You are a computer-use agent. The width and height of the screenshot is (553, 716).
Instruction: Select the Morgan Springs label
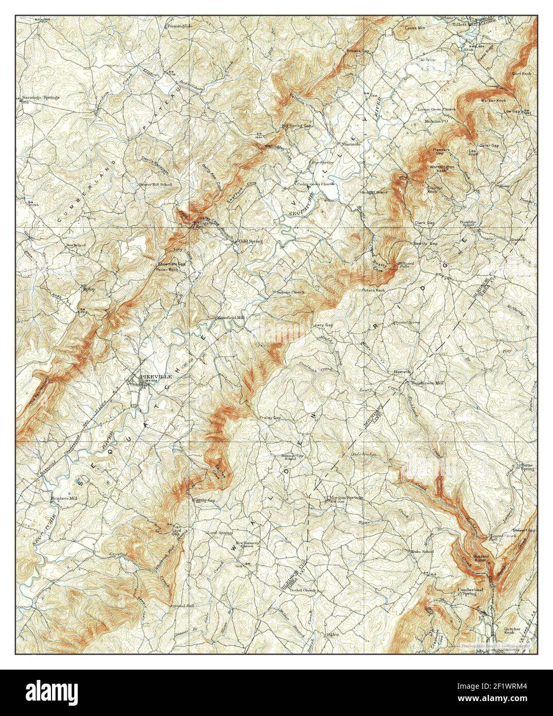[x=346, y=498]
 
